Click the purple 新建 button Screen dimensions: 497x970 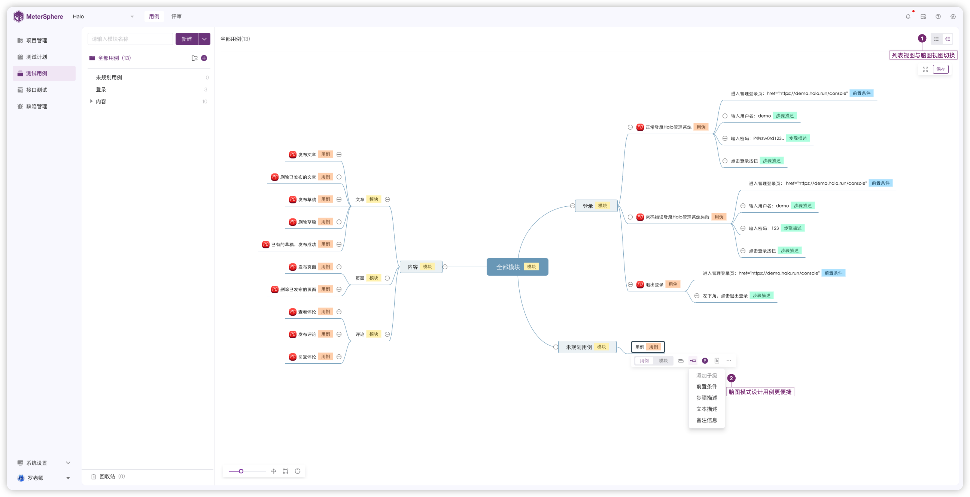click(x=187, y=39)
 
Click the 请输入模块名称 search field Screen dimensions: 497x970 click(x=130, y=39)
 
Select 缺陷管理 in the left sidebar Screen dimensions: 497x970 click(x=37, y=106)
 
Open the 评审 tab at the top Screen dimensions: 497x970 click(x=176, y=16)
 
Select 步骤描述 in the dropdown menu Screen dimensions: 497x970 click(x=706, y=397)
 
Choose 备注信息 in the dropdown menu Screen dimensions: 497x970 click(x=706, y=420)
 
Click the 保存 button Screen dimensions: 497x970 click(x=940, y=69)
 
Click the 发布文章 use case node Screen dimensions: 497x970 click(x=307, y=154)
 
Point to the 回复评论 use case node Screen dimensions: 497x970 click(x=307, y=357)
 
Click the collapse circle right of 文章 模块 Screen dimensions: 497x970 click(x=387, y=199)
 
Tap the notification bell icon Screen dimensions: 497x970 click(x=908, y=16)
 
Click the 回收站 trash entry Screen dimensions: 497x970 click(x=107, y=476)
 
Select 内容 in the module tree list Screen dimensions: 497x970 click(x=101, y=101)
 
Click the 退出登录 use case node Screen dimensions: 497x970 click(x=654, y=285)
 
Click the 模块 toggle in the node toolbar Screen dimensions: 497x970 click(x=663, y=361)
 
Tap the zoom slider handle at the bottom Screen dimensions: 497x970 click(x=241, y=471)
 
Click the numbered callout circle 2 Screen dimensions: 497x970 click(x=731, y=378)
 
